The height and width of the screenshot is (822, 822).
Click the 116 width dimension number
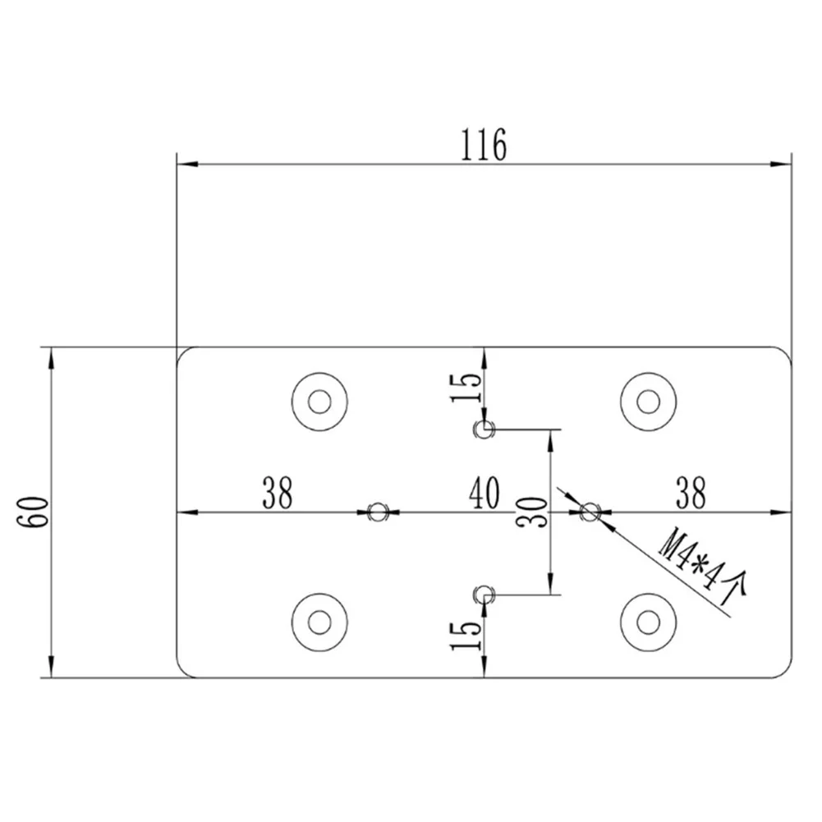484,145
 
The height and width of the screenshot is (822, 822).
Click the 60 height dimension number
35,512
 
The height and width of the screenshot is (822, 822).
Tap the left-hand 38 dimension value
278,493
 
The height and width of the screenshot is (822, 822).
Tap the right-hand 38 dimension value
691,493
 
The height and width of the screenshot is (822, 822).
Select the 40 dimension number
484,493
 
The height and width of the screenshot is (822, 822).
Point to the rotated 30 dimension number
531,512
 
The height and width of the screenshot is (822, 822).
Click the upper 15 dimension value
466,387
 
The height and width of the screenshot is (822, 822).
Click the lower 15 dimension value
466,636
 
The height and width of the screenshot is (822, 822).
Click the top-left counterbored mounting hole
319,402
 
